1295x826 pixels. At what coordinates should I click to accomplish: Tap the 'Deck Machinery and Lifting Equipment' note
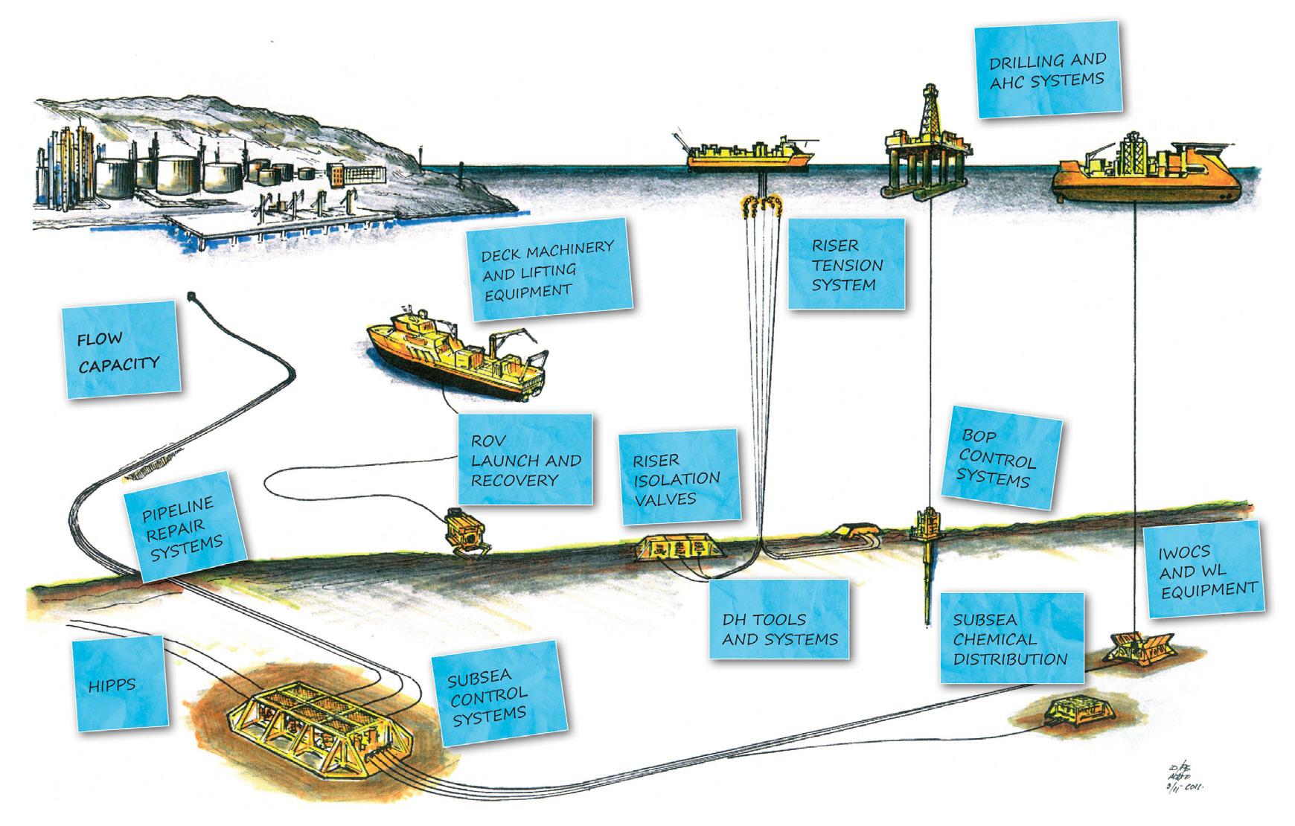tap(549, 269)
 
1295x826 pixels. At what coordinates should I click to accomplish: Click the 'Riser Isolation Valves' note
tap(680, 478)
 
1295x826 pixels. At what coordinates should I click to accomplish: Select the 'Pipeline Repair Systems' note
tap(184, 525)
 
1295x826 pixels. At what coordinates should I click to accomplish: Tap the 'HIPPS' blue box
tap(117, 684)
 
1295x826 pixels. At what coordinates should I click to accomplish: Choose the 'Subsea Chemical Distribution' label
tap(1010, 638)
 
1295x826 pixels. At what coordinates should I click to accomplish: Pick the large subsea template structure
tap(317, 720)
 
